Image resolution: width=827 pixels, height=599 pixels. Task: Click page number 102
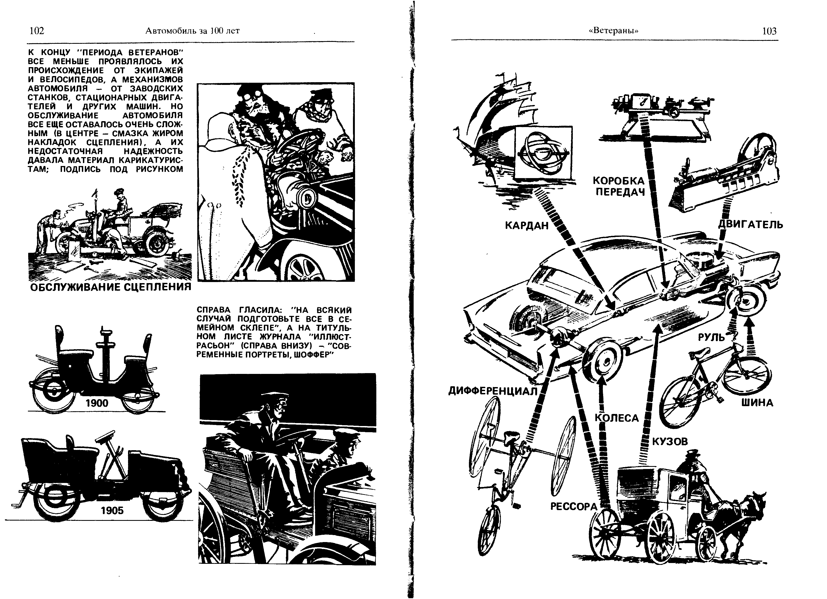(37, 31)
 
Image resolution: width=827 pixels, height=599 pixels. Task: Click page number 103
(769, 31)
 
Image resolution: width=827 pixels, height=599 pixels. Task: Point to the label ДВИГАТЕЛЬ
(751, 224)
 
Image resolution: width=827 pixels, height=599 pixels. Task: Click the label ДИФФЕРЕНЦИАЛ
(493, 391)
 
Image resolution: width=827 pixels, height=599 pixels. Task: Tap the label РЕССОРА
(574, 507)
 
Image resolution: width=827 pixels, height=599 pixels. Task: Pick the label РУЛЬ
(711, 337)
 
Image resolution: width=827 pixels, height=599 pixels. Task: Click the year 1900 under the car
(97, 403)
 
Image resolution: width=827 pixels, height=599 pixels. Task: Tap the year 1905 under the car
(112, 510)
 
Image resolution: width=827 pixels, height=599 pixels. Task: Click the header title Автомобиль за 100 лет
(192, 31)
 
